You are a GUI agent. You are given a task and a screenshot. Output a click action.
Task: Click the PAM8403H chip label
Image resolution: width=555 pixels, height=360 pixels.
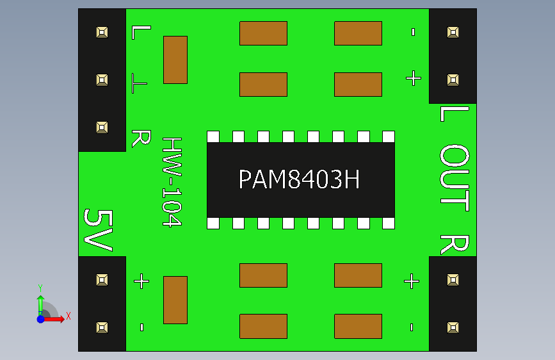pyautogui.click(x=299, y=179)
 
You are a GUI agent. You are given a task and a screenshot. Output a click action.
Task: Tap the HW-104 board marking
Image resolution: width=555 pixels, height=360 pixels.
pyautogui.click(x=172, y=182)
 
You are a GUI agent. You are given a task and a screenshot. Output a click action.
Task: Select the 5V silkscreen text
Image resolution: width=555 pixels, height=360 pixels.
pyautogui.click(x=98, y=230)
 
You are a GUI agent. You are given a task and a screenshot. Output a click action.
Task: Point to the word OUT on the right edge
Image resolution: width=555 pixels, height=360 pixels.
pyautogui.click(x=454, y=177)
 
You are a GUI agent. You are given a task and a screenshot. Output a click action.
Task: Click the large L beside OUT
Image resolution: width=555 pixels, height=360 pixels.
pyautogui.click(x=454, y=114)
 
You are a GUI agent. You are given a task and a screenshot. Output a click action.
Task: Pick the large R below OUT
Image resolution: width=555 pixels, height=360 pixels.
pyautogui.click(x=454, y=245)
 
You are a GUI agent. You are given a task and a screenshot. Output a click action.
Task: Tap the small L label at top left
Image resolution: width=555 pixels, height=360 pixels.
pyautogui.click(x=141, y=32)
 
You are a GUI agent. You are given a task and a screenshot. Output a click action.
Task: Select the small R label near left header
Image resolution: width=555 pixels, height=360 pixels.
pyautogui.click(x=141, y=138)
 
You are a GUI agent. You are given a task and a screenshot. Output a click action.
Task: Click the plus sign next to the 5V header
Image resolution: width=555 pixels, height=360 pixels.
pyautogui.click(x=141, y=281)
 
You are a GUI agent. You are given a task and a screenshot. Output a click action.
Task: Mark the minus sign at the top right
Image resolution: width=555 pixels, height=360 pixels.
pyautogui.click(x=413, y=32)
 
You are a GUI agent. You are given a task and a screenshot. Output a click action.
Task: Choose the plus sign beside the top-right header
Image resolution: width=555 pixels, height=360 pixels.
pyautogui.click(x=414, y=78)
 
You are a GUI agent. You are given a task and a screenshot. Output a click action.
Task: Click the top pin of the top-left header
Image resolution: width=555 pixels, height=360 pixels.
pyautogui.click(x=102, y=33)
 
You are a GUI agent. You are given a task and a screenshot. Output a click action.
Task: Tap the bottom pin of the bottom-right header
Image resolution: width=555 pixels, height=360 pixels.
pyautogui.click(x=453, y=327)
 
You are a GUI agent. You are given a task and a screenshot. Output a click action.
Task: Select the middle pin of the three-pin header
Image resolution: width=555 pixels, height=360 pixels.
pyautogui.click(x=102, y=79)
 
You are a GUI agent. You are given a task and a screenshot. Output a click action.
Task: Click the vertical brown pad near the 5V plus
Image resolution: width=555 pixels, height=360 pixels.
pyautogui.click(x=175, y=300)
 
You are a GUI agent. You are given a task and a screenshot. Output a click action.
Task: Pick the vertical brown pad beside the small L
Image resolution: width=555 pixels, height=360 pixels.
pyautogui.click(x=175, y=60)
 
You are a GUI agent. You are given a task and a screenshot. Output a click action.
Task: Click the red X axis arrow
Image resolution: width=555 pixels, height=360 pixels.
pyautogui.click(x=53, y=319)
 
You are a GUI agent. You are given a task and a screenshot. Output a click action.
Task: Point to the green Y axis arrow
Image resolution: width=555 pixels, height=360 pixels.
pyautogui.click(x=41, y=306)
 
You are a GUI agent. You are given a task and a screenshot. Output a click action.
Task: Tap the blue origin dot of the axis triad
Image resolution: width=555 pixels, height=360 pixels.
pyautogui.click(x=41, y=319)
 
